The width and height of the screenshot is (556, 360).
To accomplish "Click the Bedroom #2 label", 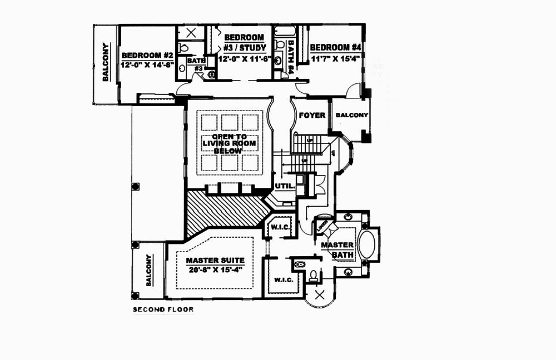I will (x=147, y=55).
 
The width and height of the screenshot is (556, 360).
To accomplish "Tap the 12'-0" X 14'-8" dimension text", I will (x=147, y=64).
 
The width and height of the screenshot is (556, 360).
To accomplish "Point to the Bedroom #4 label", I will (x=337, y=47).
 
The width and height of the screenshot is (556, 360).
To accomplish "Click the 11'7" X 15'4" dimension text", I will (x=336, y=57).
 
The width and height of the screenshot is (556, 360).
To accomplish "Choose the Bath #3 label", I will (x=196, y=64).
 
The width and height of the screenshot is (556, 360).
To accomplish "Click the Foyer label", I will (x=312, y=115).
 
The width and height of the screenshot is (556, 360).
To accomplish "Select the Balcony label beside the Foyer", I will (x=351, y=115).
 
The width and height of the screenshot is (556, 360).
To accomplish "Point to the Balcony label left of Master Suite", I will (x=149, y=270).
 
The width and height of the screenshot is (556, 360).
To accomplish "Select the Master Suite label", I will (x=215, y=260).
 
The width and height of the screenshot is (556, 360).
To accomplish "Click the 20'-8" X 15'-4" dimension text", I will (x=215, y=270).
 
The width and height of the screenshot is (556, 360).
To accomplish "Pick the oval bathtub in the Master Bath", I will (x=368, y=245).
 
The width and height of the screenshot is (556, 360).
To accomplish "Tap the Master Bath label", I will (x=337, y=249).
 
